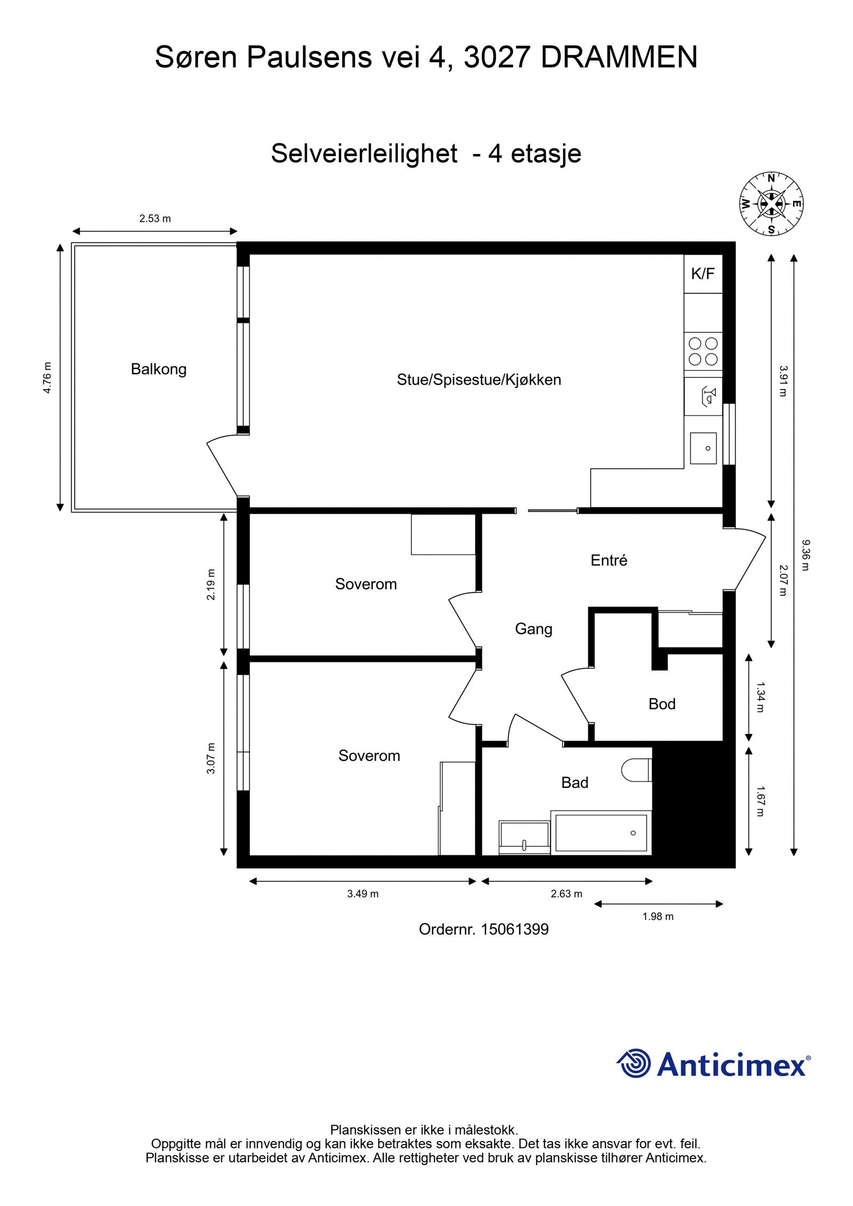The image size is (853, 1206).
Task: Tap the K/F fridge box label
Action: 702,274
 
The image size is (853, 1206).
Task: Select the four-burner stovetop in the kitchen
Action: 703,351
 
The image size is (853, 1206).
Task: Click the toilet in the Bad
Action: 637,770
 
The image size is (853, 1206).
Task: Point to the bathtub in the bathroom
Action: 601,832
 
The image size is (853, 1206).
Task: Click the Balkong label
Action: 158,369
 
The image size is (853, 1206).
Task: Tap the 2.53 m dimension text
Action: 155,218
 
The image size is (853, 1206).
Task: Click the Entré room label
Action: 608,560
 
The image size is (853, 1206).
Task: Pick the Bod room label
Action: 662,703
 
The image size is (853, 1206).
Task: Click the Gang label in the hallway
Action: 533,629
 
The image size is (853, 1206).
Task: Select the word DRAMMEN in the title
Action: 618,57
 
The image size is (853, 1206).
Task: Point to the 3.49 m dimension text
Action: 363,894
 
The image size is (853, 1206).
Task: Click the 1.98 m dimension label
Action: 657,917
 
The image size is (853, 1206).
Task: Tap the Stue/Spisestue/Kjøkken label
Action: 479,380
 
